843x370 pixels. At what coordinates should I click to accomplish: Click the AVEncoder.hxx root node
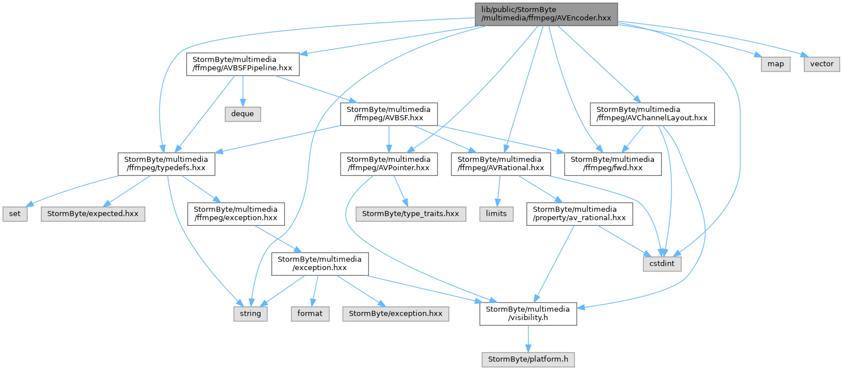[x=546, y=14]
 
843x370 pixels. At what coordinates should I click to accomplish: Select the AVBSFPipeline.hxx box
[x=243, y=64]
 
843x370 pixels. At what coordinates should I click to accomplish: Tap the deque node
[x=243, y=114]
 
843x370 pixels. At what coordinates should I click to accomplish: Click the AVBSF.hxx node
[x=389, y=114]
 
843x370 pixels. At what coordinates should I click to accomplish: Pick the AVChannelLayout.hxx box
[x=652, y=114]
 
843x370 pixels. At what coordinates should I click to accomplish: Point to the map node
[x=775, y=64]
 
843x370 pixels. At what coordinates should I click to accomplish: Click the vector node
[x=822, y=64]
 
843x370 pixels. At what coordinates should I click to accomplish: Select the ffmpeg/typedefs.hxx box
[x=166, y=164]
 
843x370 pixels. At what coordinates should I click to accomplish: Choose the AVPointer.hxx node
[x=389, y=164]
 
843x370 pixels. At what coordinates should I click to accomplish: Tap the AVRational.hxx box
[x=501, y=164]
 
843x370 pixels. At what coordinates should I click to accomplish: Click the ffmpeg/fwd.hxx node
[x=613, y=164]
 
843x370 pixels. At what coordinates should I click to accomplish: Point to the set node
[x=15, y=214]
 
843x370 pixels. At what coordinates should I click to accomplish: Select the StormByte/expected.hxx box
[x=93, y=214]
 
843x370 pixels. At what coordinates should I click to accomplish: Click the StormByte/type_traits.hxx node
[x=410, y=214]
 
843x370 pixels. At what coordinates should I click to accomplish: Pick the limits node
[x=496, y=214]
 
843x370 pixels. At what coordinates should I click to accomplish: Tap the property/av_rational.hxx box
[x=580, y=214]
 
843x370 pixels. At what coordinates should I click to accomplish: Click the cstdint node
[x=662, y=264]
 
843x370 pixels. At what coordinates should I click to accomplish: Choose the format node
[x=310, y=314]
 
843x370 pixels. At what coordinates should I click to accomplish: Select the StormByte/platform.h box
[x=528, y=359]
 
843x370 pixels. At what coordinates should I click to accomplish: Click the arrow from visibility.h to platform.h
[x=528, y=339]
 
